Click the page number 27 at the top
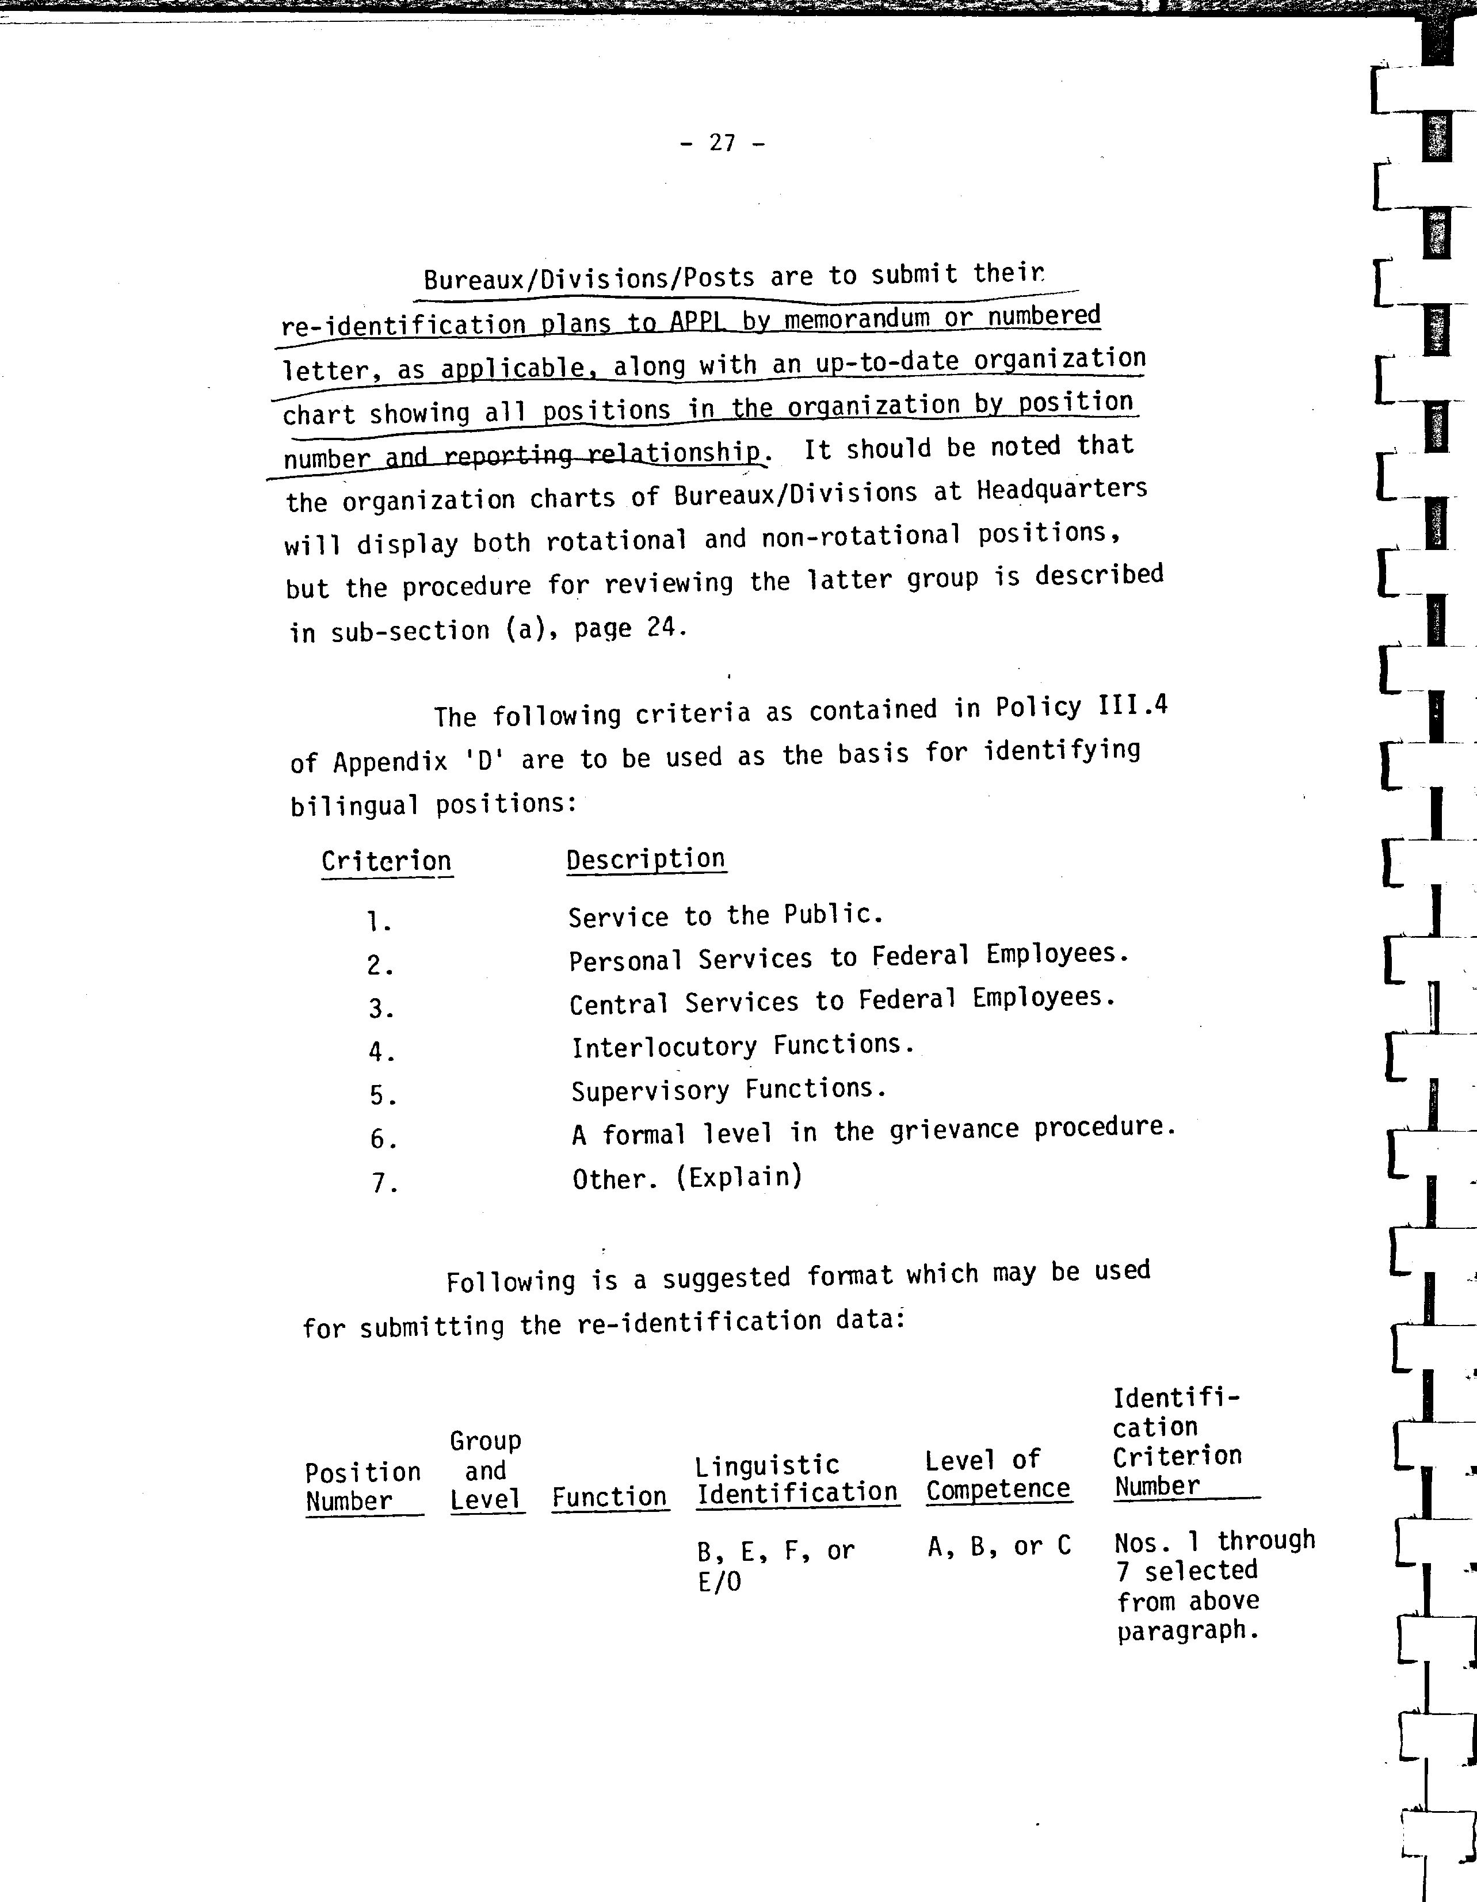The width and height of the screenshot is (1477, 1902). [x=722, y=142]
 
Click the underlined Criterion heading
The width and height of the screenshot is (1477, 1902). [x=386, y=861]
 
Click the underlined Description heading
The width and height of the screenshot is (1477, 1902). [x=646, y=859]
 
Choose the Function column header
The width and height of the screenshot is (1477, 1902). [x=609, y=1497]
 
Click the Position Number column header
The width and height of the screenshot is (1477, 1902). [x=362, y=1485]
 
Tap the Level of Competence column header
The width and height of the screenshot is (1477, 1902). [x=997, y=1475]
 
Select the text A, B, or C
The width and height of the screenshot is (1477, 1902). [x=998, y=1546]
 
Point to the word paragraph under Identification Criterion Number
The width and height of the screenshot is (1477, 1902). [x=1188, y=1630]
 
